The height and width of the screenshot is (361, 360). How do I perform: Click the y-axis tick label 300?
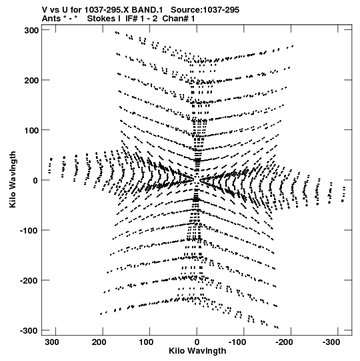pyautogui.click(x=31, y=30)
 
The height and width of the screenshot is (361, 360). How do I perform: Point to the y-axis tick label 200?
pyautogui.click(x=31, y=80)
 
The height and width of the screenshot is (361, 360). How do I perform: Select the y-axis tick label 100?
pyautogui.click(x=31, y=130)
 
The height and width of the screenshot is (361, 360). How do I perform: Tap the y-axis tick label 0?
pyautogui.click(x=35, y=180)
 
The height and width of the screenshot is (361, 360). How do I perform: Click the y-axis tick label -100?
pyautogui.click(x=29, y=230)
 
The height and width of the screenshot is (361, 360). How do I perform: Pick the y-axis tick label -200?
pyautogui.click(x=29, y=280)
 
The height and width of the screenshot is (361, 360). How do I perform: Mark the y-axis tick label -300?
pyautogui.click(x=29, y=330)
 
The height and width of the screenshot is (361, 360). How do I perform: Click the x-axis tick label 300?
pyautogui.click(x=52, y=342)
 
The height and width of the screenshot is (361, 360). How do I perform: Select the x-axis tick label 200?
pyautogui.click(x=99, y=342)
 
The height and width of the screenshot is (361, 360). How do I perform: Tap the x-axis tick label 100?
pyautogui.click(x=146, y=342)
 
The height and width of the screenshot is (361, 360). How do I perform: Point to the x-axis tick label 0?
pyautogui.click(x=197, y=342)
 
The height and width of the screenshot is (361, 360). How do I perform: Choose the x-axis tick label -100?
pyautogui.click(x=237, y=342)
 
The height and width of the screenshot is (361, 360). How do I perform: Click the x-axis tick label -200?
pyautogui.click(x=284, y=342)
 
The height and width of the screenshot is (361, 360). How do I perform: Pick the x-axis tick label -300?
pyautogui.click(x=331, y=342)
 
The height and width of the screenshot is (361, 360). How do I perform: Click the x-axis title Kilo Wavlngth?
pyautogui.click(x=197, y=351)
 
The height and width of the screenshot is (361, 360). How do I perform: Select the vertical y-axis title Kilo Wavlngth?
pyautogui.click(x=13, y=179)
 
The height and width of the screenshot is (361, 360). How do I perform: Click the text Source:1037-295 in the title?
pyautogui.click(x=205, y=10)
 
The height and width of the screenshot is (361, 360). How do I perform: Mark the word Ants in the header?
pyautogui.click(x=51, y=19)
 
